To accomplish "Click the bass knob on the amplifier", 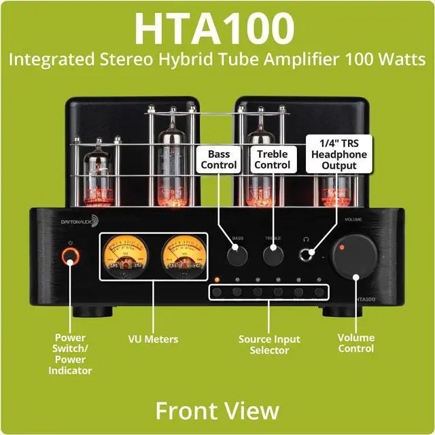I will pos(237,256).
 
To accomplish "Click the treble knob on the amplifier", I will pos(273,256).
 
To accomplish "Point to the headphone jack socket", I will pos(311,254).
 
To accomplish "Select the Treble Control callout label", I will pos(273,160).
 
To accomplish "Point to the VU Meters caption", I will pos(154,338).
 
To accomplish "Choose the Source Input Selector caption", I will pos(268,345).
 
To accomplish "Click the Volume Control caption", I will pos(355,343).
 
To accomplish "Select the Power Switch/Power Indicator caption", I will pos(70,353).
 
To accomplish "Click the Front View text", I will pos(217,410).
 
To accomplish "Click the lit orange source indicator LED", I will pos(217,279).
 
